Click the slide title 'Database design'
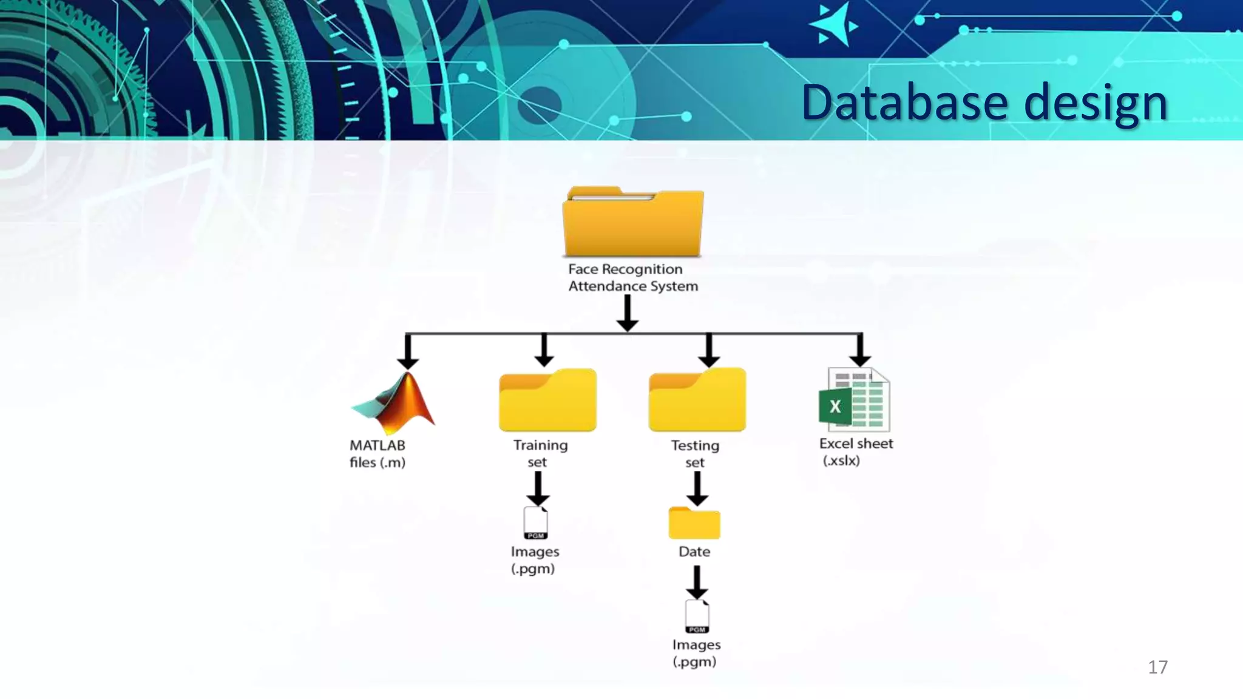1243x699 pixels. coord(984,103)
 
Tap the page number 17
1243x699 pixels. coord(1157,667)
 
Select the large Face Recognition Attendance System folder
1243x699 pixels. coord(633,223)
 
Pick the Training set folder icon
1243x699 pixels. coord(547,400)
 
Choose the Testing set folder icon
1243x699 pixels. coord(697,400)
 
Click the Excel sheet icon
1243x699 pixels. coord(855,399)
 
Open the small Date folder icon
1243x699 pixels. coord(694,523)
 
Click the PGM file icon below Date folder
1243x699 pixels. coord(697,616)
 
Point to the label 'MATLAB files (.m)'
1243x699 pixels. coord(378,454)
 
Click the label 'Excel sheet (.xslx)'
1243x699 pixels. coord(856,452)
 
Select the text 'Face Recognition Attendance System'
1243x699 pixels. coord(632,278)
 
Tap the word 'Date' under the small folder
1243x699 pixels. coord(694,552)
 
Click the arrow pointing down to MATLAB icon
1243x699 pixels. coord(408,352)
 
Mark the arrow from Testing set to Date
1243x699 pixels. coord(697,488)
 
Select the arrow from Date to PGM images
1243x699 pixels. coord(697,582)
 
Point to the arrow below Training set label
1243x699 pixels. coord(538,488)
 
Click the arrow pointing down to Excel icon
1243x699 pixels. coord(860,351)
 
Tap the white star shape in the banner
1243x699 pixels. coord(834,25)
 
